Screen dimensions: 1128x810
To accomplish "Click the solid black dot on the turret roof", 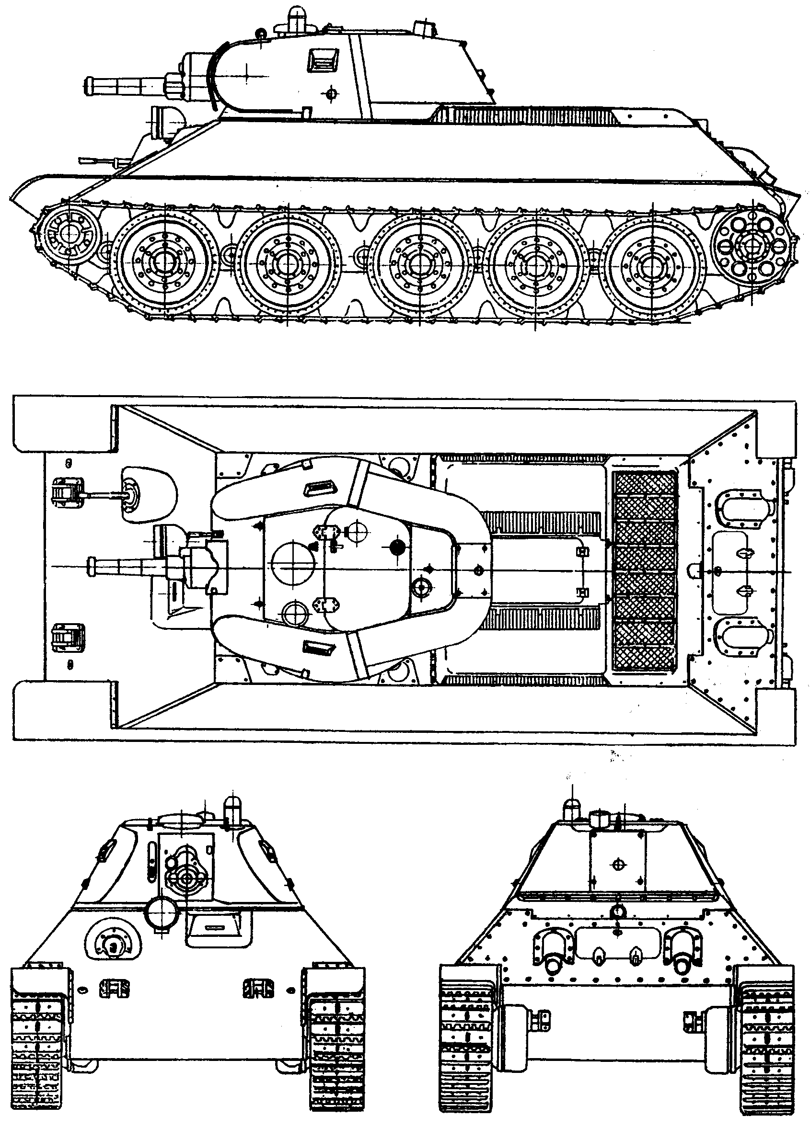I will tap(396, 547).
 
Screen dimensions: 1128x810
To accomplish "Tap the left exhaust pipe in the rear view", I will tap(552, 964).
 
